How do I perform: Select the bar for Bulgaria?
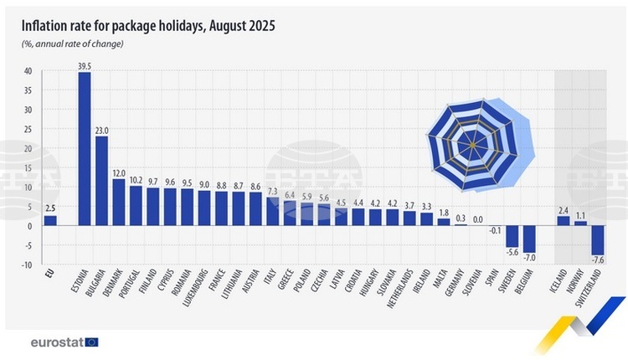pos(101,180)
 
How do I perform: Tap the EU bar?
pos(50,220)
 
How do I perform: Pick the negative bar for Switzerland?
pos(597,240)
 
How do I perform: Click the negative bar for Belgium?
pos(528,239)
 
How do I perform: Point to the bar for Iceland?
pos(563,221)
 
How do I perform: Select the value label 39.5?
pos(84,65)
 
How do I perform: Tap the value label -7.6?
pos(598,261)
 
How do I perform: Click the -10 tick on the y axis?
pos(27,265)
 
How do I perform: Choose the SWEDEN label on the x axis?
pos(510,285)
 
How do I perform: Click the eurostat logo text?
pos(56,342)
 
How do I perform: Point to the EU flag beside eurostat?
pos(92,342)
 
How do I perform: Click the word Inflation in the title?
pos(48,26)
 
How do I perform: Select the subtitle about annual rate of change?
pos(72,44)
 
